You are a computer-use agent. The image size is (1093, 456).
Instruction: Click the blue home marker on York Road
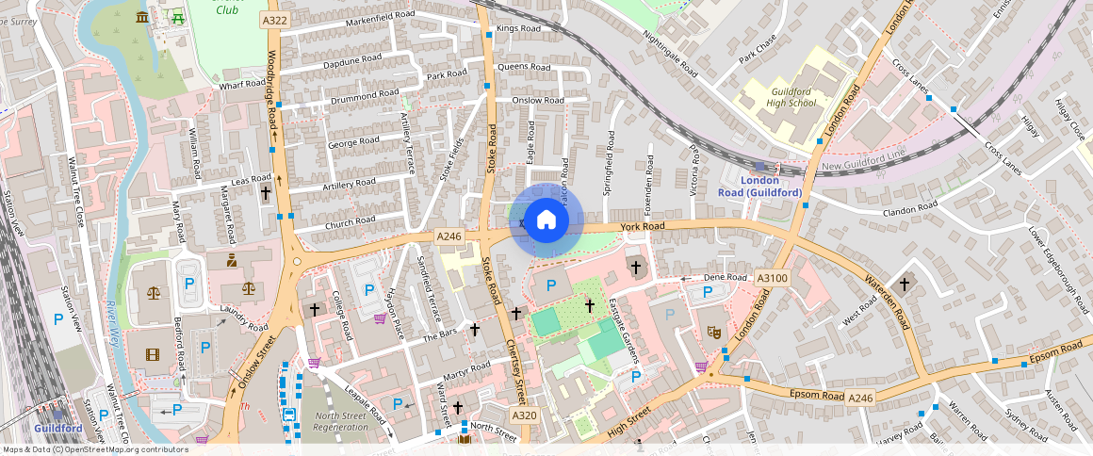point(546,221)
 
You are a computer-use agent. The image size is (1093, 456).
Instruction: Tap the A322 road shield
point(275,20)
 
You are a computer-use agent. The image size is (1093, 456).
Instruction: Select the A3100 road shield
point(771,278)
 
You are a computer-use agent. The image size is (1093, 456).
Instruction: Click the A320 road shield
point(524,415)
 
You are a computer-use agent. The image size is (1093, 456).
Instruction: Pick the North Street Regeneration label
point(341,421)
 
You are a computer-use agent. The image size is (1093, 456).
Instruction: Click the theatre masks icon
point(714,332)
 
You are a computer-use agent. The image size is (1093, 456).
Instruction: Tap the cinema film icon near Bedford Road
point(153,355)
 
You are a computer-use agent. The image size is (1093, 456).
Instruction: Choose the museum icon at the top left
point(142,17)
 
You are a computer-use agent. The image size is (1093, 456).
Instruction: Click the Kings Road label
point(518,28)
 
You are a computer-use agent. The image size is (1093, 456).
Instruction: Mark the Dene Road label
point(725,278)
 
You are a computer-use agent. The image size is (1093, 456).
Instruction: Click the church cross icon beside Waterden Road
point(905,283)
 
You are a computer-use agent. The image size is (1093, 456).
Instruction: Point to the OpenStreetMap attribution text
point(94,449)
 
